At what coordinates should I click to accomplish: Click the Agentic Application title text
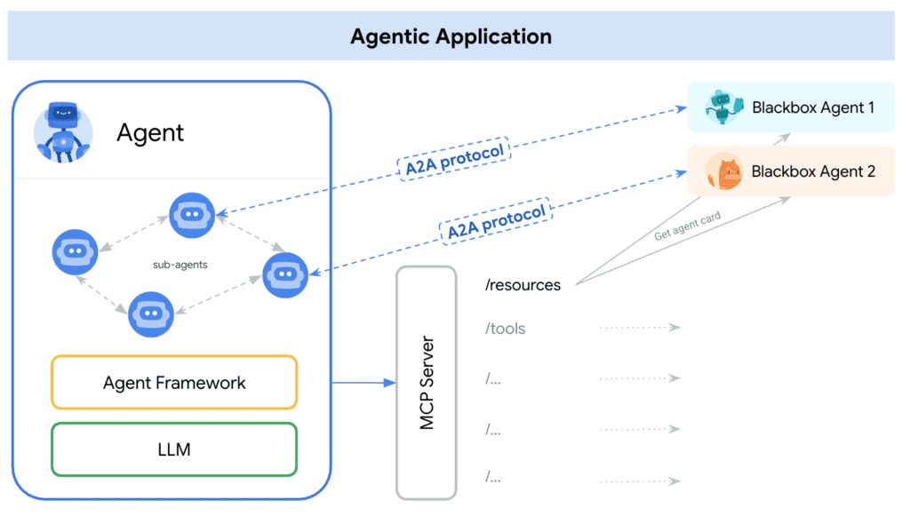451,36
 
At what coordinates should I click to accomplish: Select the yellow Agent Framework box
174,383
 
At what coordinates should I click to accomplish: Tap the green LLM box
174,449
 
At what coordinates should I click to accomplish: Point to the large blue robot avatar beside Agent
62,132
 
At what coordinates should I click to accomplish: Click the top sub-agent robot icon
192,215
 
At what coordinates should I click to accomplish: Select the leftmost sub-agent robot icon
74,252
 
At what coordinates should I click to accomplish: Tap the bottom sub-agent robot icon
151,314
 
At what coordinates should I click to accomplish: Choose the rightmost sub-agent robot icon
285,275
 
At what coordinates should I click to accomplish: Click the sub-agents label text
179,265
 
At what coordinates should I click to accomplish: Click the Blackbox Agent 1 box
791,107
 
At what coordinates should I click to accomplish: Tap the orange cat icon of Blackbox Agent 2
723,171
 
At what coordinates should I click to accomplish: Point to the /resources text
523,286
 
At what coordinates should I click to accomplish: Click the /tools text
505,329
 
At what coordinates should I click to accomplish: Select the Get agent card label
687,226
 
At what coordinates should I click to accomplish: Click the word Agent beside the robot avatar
150,133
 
